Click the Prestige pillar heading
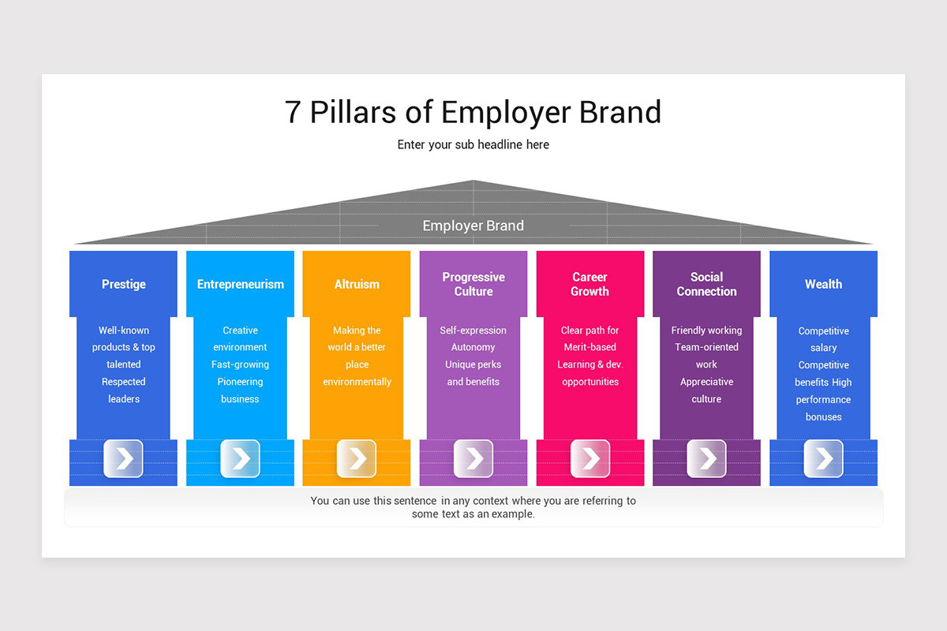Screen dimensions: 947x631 pos(123,284)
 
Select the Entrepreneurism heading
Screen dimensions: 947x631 pos(240,284)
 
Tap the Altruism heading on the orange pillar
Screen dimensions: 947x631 pos(357,284)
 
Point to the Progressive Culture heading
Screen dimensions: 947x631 pos(473,284)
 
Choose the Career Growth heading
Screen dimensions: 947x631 pos(590,284)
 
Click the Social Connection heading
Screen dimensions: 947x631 pos(706,284)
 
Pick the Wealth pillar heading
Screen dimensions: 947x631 pos(823,284)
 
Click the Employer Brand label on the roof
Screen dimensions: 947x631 pos(473,226)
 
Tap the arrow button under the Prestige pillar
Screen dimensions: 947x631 pos(123,458)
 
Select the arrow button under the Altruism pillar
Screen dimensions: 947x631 pos(357,458)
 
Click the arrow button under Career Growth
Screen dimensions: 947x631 pos(590,458)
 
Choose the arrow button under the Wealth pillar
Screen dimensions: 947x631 pos(823,458)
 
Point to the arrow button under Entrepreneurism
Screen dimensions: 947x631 pos(240,458)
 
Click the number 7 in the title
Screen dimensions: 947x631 pos(293,112)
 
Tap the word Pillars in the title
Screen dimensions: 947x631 pos(353,112)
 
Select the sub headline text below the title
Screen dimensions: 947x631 pos(473,144)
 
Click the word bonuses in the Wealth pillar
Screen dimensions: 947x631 pos(824,416)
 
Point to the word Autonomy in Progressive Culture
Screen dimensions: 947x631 pos(473,347)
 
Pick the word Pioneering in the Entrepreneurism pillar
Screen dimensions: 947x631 pos(240,382)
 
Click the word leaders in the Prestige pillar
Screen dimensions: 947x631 pos(124,399)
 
